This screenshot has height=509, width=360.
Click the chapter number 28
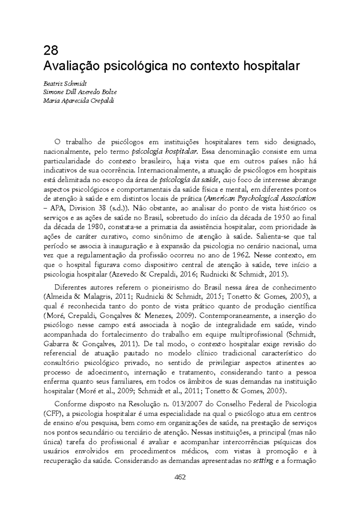click(x=51, y=51)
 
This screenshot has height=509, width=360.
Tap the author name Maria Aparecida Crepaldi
click(x=79, y=101)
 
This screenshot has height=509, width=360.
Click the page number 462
click(x=180, y=477)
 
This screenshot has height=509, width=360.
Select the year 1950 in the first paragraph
click(x=283, y=218)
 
